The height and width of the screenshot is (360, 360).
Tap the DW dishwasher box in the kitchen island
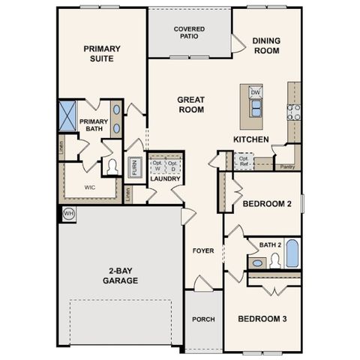255,92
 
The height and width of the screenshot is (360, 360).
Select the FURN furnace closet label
134,166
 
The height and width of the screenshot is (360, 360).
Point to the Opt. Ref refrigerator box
244,160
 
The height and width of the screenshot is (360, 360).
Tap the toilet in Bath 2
274,259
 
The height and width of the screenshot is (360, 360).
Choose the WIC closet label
90,187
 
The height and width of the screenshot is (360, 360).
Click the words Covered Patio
189,32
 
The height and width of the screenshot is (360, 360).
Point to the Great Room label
191,104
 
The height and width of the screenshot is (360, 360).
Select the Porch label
202,319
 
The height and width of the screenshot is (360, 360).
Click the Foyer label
203,250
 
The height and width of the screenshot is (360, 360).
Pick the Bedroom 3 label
262,319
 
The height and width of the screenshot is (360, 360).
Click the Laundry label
165,179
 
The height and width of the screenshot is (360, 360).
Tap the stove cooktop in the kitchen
293,112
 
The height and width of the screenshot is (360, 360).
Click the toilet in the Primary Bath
112,166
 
